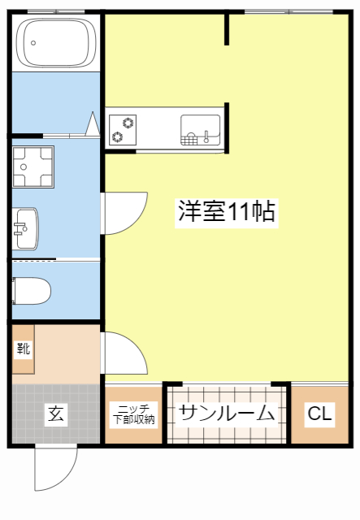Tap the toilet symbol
coord(33,290)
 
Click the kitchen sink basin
coord(200,128)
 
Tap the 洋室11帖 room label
coord(226,212)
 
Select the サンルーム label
coord(227,413)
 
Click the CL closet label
coord(319,414)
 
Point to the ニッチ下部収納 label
coord(135,414)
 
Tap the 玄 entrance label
coord(54,414)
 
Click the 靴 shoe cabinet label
coord(23,349)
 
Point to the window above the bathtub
coord(55,11)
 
